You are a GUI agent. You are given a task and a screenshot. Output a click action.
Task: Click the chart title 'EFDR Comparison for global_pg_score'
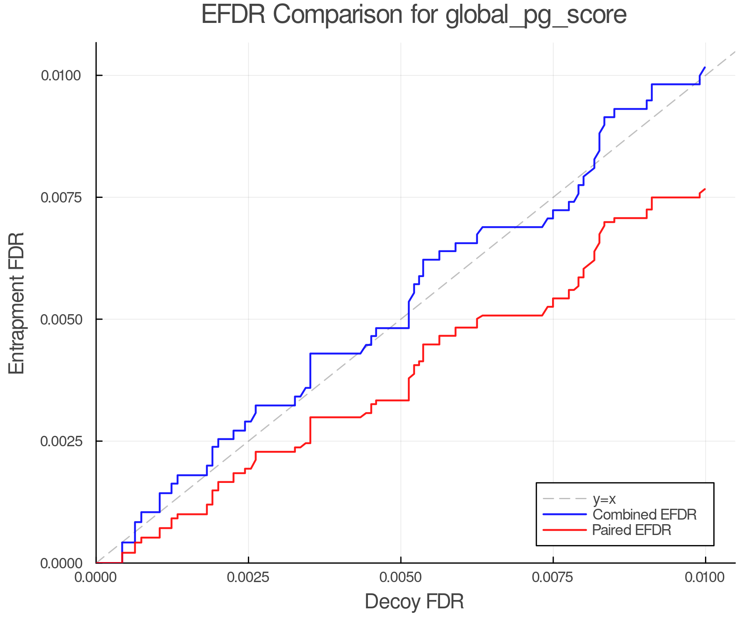pyautogui.click(x=414, y=15)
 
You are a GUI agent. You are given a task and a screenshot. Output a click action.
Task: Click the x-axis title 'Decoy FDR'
pyautogui.click(x=414, y=602)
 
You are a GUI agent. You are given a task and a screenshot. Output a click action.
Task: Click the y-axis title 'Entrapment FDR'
pyautogui.click(x=17, y=303)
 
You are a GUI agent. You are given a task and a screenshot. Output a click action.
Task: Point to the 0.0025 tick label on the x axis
pyautogui.click(x=248, y=577)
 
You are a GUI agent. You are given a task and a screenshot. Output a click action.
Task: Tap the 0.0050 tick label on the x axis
pyautogui.click(x=401, y=577)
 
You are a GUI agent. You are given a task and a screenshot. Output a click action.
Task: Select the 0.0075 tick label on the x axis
pyautogui.click(x=553, y=577)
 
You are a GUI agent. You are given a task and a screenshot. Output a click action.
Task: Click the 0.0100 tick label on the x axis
pyautogui.click(x=705, y=577)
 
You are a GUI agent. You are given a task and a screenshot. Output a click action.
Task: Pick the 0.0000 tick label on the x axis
pyautogui.click(x=96, y=577)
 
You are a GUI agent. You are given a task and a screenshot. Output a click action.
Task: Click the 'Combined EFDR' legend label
pyautogui.click(x=644, y=515)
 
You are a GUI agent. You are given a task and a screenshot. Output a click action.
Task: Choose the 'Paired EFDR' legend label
pyautogui.click(x=632, y=530)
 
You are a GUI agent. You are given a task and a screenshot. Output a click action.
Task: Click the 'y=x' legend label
pyautogui.click(x=604, y=499)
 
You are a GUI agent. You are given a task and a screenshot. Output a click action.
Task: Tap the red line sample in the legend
pyautogui.click(x=565, y=530)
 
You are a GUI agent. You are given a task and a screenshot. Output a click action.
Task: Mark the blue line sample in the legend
pyautogui.click(x=565, y=515)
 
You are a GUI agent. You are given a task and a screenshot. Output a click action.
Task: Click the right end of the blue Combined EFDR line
pyautogui.click(x=705, y=67)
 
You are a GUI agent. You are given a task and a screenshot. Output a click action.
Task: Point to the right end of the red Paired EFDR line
pyautogui.click(x=705, y=189)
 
